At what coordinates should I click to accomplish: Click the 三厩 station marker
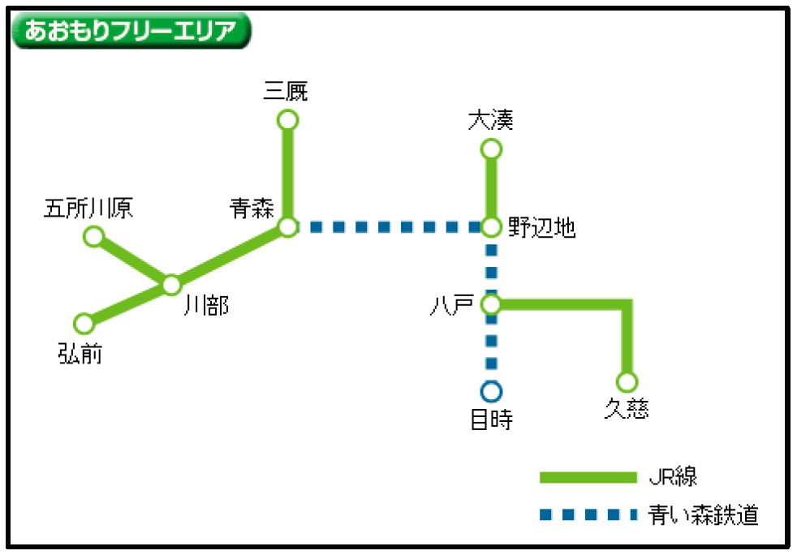click(287, 120)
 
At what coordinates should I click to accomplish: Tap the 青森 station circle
click(287, 226)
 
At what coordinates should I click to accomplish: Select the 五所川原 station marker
click(94, 236)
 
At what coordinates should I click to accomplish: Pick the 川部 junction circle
click(171, 285)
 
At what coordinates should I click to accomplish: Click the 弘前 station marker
click(84, 324)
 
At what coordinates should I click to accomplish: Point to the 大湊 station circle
click(491, 149)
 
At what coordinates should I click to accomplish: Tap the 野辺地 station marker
click(491, 227)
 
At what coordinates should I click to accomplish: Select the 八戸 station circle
click(491, 304)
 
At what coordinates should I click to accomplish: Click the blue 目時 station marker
click(491, 392)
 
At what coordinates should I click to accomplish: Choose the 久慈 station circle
click(627, 381)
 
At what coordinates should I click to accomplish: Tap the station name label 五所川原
click(88, 209)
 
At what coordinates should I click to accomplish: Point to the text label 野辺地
click(542, 228)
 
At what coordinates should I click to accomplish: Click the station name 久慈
click(627, 408)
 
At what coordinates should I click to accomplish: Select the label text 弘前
click(80, 353)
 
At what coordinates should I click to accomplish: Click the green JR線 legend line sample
click(588, 477)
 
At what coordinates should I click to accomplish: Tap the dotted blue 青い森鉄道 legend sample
click(588, 514)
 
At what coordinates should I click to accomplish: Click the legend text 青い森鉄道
click(704, 514)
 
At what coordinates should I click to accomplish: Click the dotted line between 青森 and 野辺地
click(390, 227)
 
